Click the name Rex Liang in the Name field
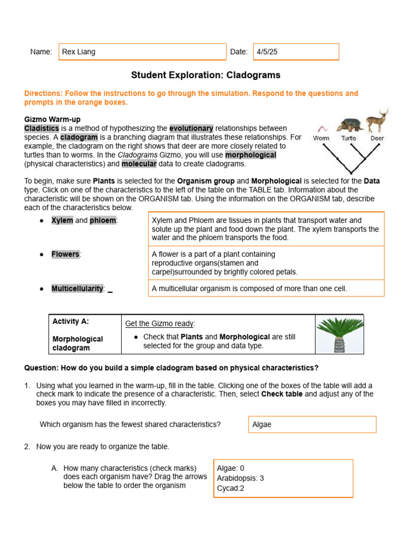click(x=79, y=52)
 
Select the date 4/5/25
click(x=267, y=52)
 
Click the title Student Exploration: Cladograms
click(x=205, y=76)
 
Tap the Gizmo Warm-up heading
click(x=53, y=119)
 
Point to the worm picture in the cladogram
click(x=322, y=128)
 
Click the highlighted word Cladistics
click(x=41, y=128)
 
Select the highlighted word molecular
click(x=139, y=164)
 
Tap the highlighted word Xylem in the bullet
click(x=62, y=220)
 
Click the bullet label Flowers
click(x=65, y=254)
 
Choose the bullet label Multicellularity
click(x=77, y=288)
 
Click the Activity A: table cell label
click(x=71, y=321)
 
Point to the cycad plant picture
click(x=340, y=335)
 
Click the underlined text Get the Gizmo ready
click(x=160, y=323)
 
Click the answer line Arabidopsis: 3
click(x=240, y=478)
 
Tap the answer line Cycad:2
click(x=231, y=488)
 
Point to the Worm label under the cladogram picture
click(x=321, y=138)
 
